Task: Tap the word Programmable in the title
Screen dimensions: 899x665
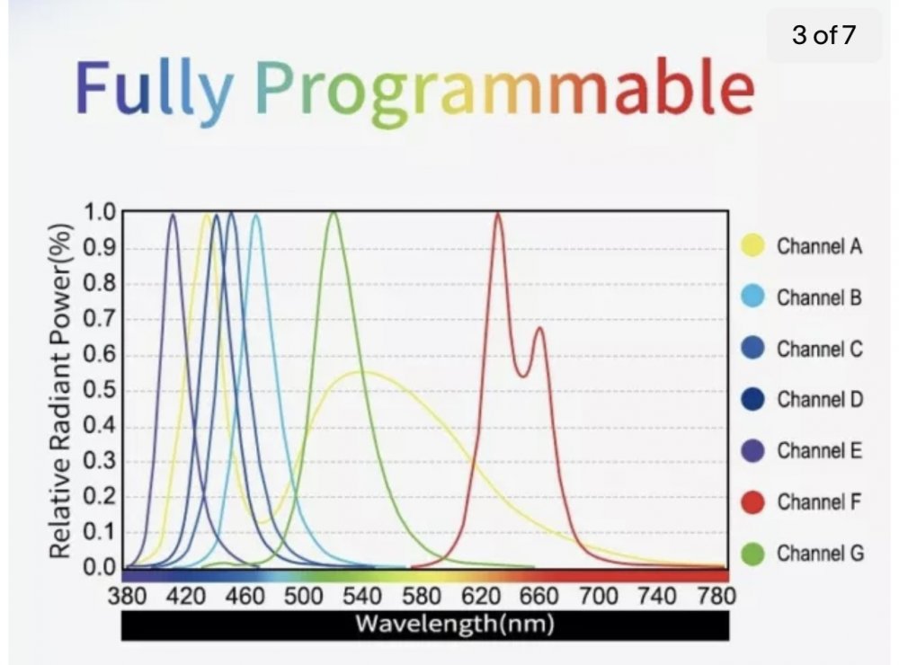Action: pyautogui.click(x=505, y=91)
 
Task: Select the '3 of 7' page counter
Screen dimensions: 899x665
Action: pyautogui.click(x=823, y=35)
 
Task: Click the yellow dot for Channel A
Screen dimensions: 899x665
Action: pyautogui.click(x=752, y=246)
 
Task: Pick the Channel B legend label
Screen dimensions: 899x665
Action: pyautogui.click(x=819, y=297)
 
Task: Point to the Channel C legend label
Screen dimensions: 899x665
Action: pyautogui.click(x=820, y=349)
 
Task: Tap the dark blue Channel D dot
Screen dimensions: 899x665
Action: pyautogui.click(x=752, y=400)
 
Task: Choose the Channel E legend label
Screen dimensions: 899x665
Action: pyautogui.click(x=820, y=450)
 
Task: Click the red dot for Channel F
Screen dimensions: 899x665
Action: pyautogui.click(x=752, y=502)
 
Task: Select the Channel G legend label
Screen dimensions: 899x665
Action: pyautogui.click(x=821, y=554)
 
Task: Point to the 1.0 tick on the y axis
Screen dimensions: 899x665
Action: pyautogui.click(x=100, y=212)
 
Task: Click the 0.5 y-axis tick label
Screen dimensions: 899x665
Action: pyautogui.click(x=100, y=390)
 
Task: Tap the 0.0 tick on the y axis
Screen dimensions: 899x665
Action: pyautogui.click(x=100, y=567)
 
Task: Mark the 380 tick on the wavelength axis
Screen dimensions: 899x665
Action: pyautogui.click(x=128, y=596)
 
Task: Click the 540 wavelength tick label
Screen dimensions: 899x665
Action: pyautogui.click(x=362, y=596)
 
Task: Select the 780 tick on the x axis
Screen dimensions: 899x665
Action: pyautogui.click(x=717, y=596)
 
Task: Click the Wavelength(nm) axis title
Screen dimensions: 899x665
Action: pyautogui.click(x=455, y=624)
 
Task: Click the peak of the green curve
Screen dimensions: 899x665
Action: pyautogui.click(x=334, y=213)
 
